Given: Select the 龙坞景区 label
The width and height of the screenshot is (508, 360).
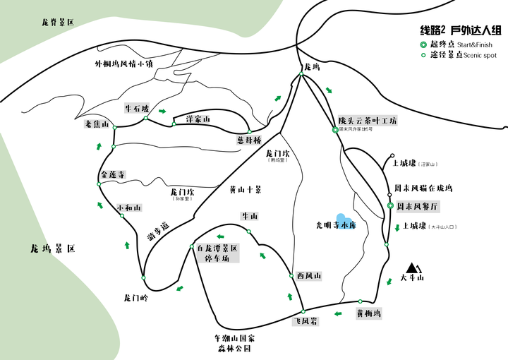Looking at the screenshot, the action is [x=53, y=249].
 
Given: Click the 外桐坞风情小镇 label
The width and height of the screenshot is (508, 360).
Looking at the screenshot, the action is [x=123, y=63].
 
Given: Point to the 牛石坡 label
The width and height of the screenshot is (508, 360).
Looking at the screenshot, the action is [x=137, y=109].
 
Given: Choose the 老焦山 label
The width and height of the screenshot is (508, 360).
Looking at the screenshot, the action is [x=97, y=125].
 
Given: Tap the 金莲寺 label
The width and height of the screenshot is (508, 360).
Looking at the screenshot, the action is [x=113, y=174].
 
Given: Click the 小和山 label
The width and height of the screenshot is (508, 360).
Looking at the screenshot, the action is [x=129, y=208].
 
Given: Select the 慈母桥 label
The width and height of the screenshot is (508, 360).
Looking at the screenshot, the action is [x=249, y=140].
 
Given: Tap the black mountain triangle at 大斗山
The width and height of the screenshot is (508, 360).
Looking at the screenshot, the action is [x=413, y=268].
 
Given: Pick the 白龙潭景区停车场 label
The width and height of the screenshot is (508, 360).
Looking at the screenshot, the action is [x=217, y=253].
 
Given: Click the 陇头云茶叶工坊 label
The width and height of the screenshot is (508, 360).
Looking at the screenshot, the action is [x=367, y=121].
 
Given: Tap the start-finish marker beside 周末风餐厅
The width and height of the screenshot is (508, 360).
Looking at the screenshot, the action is [x=390, y=206].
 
